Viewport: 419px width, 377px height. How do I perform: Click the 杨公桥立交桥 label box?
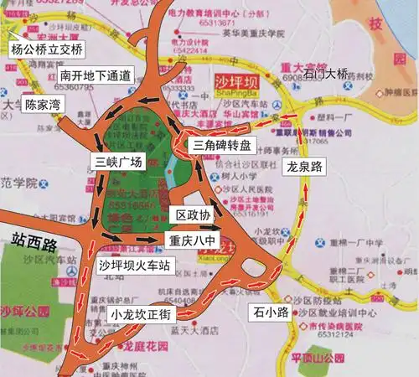pos(45,49)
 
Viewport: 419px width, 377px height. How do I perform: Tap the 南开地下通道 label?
pos(95,75)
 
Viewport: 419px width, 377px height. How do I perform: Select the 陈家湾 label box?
pos(42,106)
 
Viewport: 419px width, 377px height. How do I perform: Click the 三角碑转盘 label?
pos(221,145)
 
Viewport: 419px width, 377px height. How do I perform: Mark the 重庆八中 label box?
pos(193,239)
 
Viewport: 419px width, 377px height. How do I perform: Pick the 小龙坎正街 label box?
pos(140,314)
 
